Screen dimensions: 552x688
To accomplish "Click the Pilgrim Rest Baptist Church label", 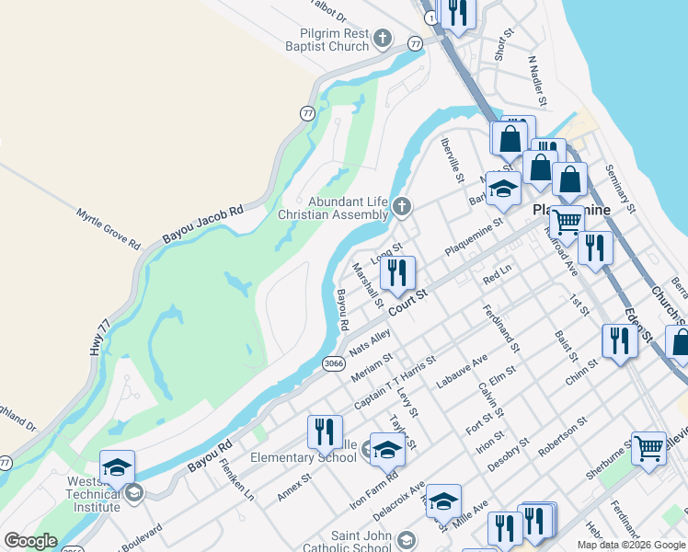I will click(x=326, y=39).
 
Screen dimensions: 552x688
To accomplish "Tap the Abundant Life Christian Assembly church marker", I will click(x=402, y=207).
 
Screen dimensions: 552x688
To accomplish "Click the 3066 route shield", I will click(x=334, y=364).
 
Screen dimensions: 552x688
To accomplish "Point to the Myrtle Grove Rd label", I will click(x=109, y=230).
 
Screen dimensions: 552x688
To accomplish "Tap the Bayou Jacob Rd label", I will click(x=203, y=224).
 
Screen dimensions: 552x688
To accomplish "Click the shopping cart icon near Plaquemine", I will click(x=567, y=221).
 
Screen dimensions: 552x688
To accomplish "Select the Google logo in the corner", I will click(x=30, y=541).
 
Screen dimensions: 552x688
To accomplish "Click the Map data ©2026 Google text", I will click(x=630, y=545).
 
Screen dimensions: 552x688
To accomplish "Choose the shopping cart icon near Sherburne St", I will click(x=648, y=448).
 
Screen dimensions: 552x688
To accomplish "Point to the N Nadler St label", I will click(x=538, y=81).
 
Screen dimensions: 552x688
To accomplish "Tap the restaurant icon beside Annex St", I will click(x=324, y=431).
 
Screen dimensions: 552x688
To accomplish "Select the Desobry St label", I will click(x=510, y=454).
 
